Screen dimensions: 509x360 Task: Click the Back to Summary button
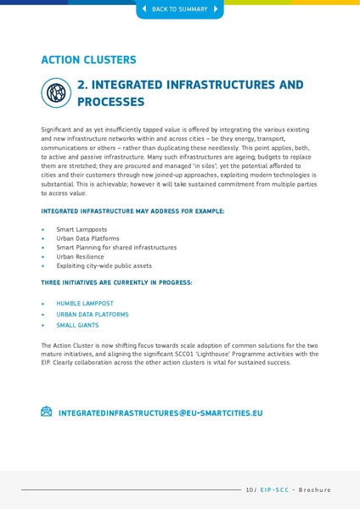pos(179,9)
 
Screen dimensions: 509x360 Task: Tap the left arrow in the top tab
pos(143,9)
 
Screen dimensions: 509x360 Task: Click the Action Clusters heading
pos(88,60)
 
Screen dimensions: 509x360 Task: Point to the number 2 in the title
pos(82,85)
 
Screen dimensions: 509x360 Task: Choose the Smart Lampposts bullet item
pos(76,230)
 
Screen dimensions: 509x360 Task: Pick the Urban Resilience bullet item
pos(80,256)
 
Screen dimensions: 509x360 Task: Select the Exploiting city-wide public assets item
pos(104,266)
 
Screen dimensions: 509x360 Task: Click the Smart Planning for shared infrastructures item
pos(116,248)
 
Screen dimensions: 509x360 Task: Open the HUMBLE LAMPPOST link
pos(85,303)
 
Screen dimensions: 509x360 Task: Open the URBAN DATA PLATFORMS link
pos(93,314)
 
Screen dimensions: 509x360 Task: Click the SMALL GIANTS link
pos(77,325)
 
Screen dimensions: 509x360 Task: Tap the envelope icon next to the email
pos(47,411)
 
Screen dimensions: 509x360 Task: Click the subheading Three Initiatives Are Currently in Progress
pos(116,282)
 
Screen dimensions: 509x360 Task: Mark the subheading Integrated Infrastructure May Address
pos(132,210)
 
